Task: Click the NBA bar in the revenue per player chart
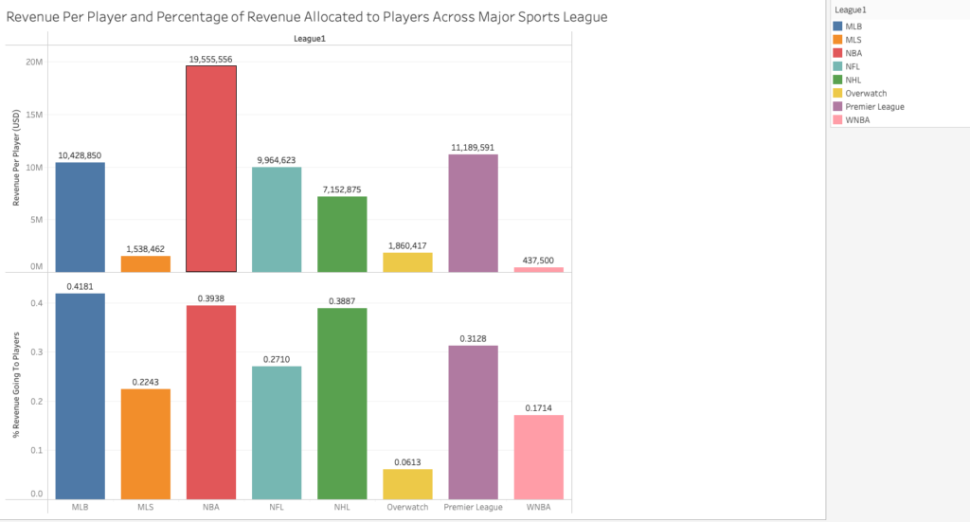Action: (211, 169)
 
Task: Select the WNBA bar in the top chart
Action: (539, 269)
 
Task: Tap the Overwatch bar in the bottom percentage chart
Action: (408, 484)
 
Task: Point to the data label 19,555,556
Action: (211, 59)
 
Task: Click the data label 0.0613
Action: (408, 462)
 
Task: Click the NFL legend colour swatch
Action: (838, 66)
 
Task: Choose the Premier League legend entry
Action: (875, 107)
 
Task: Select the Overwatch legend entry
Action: (867, 94)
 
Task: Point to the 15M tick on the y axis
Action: (33, 115)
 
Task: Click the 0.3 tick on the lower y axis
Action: (36, 352)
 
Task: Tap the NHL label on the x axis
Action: (342, 508)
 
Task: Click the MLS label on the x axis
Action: (146, 508)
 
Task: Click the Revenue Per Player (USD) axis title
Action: (16, 168)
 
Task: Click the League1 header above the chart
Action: (310, 39)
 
